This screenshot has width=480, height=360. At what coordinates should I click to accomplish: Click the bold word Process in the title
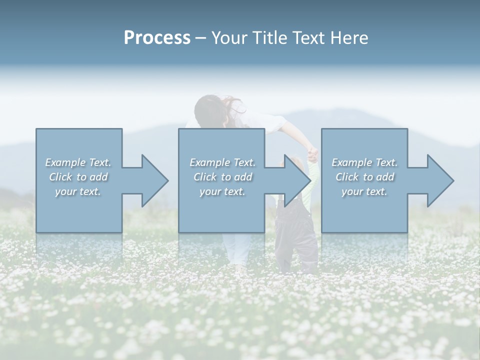(x=157, y=37)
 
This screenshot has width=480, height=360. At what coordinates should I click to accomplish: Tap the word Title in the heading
(x=269, y=37)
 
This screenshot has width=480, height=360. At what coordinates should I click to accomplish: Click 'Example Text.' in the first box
(x=78, y=162)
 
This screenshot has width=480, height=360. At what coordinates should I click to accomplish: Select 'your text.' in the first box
(x=78, y=191)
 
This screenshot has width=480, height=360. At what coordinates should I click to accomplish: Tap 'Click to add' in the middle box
(x=222, y=177)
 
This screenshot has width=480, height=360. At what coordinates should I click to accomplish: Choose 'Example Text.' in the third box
(x=364, y=162)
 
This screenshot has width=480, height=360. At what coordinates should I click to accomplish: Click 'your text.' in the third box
(x=364, y=191)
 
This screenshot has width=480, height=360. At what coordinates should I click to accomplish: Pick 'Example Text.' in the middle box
(x=222, y=162)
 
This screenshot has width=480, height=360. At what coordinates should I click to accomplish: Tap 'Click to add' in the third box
(x=364, y=177)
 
